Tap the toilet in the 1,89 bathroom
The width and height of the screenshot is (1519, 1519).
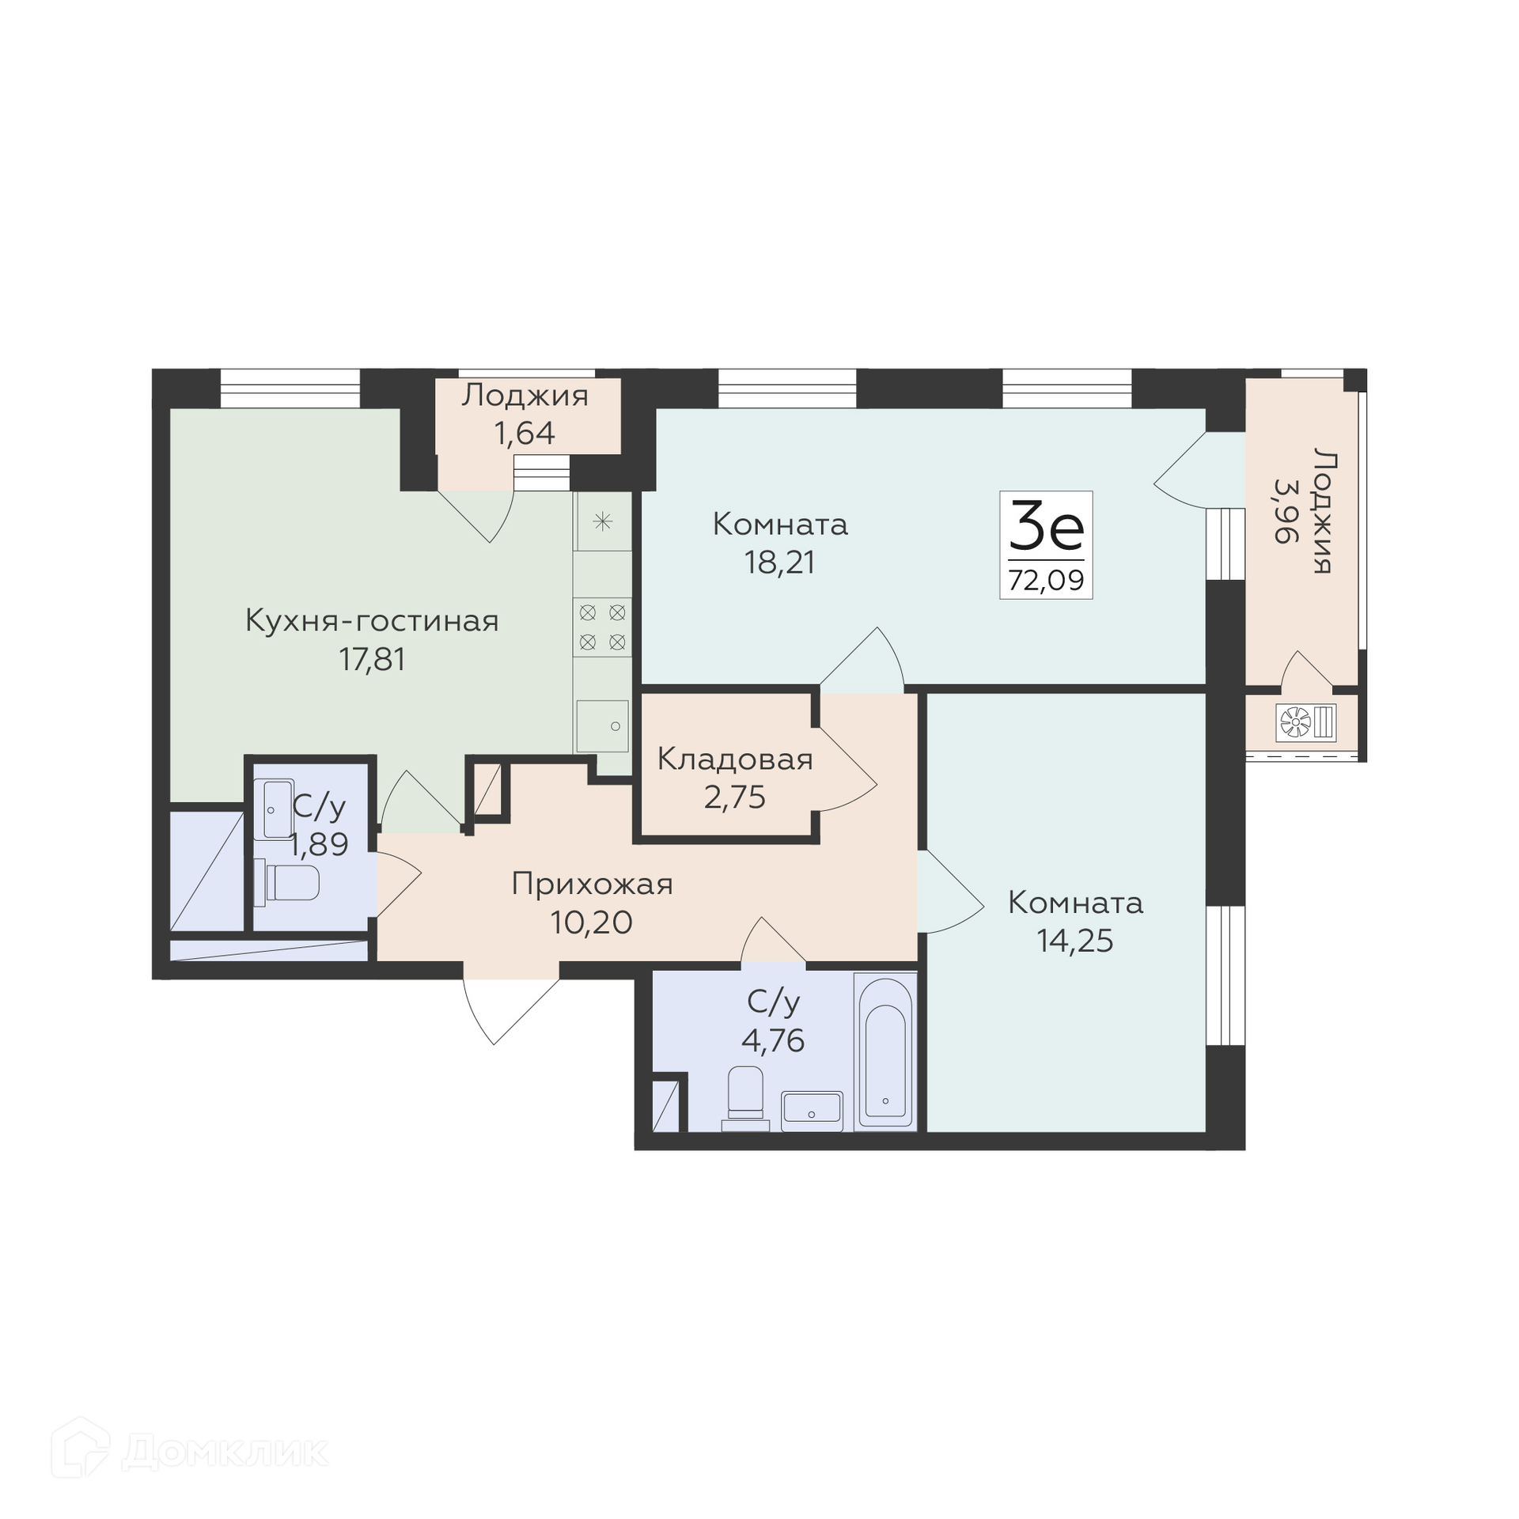[286, 883]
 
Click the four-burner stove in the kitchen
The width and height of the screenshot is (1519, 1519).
[602, 627]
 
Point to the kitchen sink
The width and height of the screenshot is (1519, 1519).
[602, 725]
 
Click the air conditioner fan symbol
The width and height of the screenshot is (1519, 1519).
[1295, 722]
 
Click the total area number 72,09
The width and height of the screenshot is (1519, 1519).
[1046, 581]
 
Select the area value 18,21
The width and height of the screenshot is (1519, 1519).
[779, 562]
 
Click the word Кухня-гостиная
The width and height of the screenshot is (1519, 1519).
[372, 621]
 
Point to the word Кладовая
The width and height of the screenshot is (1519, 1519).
[735, 759]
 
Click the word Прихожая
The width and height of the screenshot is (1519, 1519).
[592, 884]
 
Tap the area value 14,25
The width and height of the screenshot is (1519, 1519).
[1075, 941]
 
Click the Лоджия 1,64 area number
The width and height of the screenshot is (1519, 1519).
[525, 433]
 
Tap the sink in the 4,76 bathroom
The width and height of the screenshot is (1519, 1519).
[812, 1111]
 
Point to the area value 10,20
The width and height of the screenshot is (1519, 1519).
[592, 922]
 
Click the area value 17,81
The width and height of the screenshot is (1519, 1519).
[372, 658]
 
